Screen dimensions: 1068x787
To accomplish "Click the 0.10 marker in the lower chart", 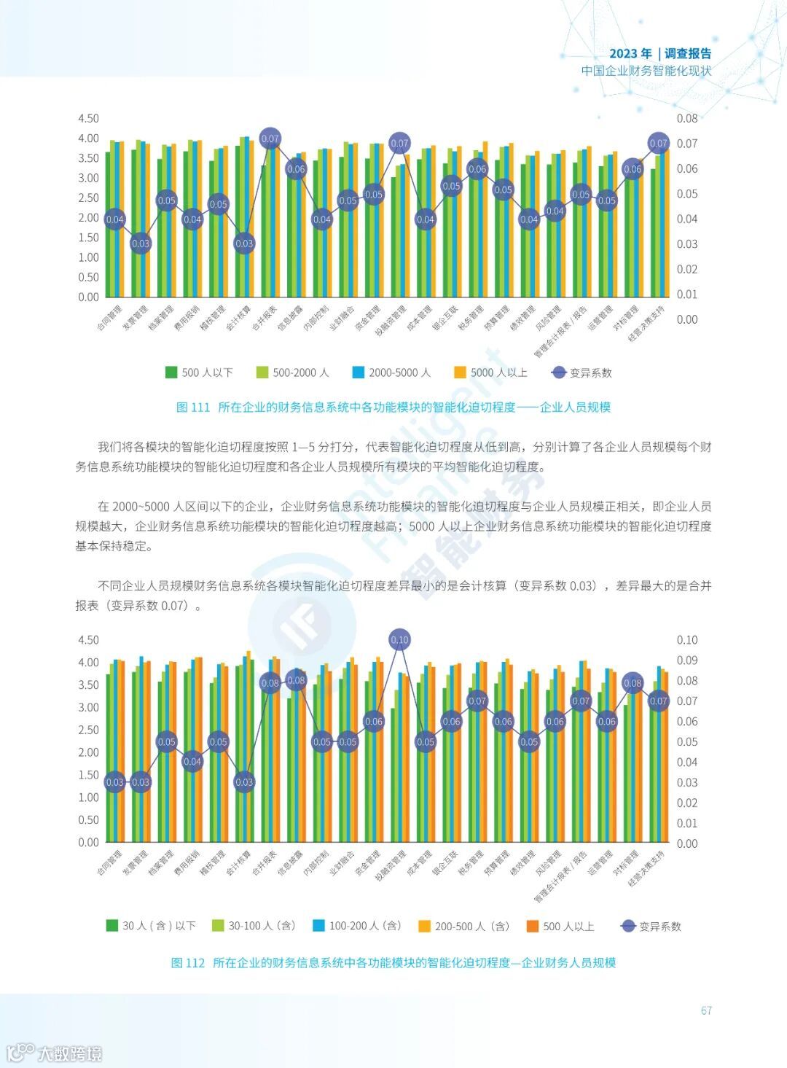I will click(399, 640).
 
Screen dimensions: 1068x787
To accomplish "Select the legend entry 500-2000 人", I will click(292, 373).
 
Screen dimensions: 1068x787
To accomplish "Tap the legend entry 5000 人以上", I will click(490, 373).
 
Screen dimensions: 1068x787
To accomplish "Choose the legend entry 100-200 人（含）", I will click(357, 926).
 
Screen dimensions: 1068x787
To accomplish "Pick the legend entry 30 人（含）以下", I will click(151, 926).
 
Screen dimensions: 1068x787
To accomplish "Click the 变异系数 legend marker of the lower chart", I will click(628, 926).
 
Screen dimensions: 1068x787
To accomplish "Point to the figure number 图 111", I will click(193, 408).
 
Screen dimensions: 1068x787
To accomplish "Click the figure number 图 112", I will click(188, 963).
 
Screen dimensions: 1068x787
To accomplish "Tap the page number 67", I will click(705, 1010).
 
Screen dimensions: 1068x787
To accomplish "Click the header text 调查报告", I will click(688, 54).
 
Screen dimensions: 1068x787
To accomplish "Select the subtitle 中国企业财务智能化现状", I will click(646, 71).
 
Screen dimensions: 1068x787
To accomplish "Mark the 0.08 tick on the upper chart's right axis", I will click(686, 118).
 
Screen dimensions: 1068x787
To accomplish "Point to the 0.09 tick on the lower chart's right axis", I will click(686, 660).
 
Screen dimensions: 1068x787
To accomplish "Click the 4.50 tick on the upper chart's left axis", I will click(88, 118).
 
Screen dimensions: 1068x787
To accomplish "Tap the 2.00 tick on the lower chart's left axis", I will click(88, 752).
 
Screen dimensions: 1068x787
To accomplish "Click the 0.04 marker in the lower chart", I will click(192, 762).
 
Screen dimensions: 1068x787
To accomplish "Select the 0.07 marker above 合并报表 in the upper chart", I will click(270, 139).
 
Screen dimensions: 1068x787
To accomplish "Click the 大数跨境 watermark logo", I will click(55, 1053).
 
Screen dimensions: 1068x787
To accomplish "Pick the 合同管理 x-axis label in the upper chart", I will click(110, 318).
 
